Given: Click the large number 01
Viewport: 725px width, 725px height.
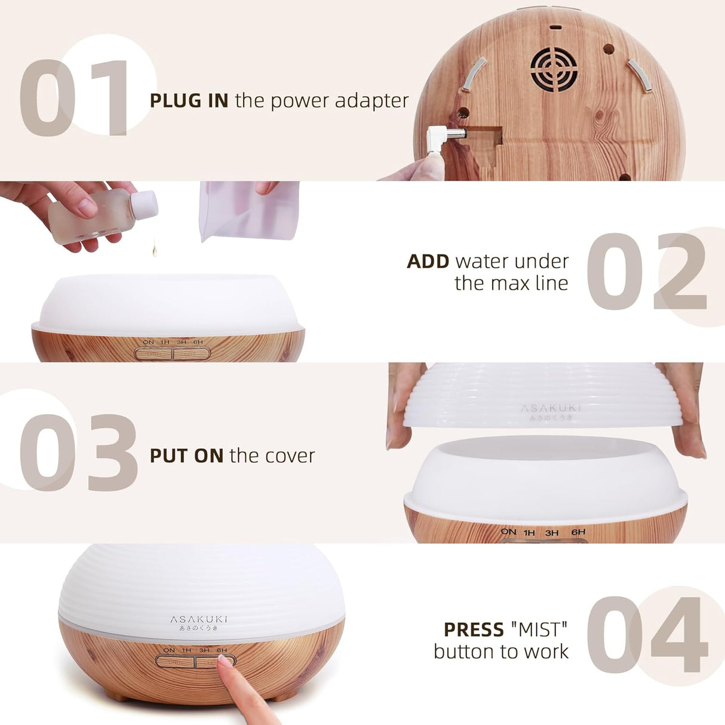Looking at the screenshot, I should pyautogui.click(x=75, y=98).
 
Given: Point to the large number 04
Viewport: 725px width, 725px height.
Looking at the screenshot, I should pyautogui.click(x=646, y=634).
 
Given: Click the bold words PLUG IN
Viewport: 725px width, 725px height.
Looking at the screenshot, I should pyautogui.click(x=189, y=100).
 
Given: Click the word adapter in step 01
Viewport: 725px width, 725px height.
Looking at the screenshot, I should pyautogui.click(x=371, y=102).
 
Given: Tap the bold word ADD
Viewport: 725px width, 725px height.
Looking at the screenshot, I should pyautogui.click(x=428, y=262).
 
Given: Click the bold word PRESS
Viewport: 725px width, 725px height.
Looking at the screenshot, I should pyautogui.click(x=474, y=629).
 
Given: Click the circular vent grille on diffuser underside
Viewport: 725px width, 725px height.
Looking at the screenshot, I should pyautogui.click(x=554, y=69).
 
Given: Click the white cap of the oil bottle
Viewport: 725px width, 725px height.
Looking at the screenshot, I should pyautogui.click(x=145, y=205).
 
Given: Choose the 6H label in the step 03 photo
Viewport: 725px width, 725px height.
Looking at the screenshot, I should pyautogui.click(x=578, y=532).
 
